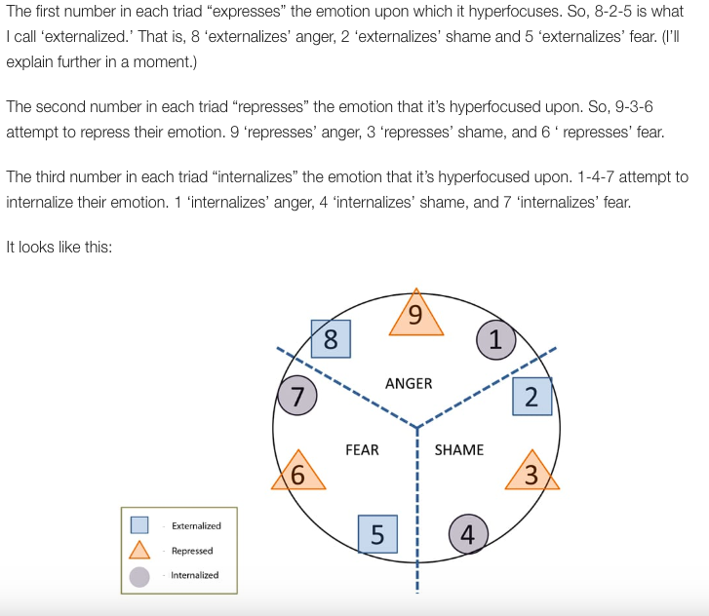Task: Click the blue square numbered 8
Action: [331, 339]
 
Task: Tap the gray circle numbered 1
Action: [495, 339]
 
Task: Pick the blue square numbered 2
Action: [532, 397]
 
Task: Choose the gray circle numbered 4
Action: [467, 534]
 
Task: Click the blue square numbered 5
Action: [377, 534]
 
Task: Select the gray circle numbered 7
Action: [296, 395]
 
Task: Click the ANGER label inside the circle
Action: [409, 384]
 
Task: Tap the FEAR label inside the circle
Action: [362, 450]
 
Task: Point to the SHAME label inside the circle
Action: [458, 450]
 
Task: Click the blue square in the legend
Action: [139, 525]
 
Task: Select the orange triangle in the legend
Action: [139, 551]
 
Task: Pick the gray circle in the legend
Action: [139, 576]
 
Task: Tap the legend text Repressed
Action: [192, 551]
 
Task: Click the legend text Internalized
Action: [195, 575]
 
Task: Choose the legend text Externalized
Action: [196, 525]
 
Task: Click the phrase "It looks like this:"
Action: [59, 247]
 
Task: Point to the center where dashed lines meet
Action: [416, 427]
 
